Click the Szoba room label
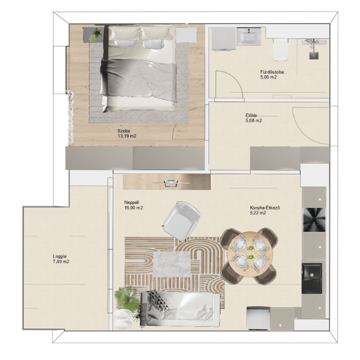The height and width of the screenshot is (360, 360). click(124, 131)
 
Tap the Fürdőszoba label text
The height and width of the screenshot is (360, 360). click(272, 72)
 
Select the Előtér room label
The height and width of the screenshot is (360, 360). click(251, 115)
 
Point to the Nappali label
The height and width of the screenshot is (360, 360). click(132, 203)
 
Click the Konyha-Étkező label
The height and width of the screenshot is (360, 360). click(265, 208)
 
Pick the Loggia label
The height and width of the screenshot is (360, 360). click(59, 256)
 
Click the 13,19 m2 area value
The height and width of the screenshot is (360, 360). click(127, 136)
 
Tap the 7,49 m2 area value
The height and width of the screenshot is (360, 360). click(61, 262)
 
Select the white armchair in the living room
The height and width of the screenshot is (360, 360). click(182, 220)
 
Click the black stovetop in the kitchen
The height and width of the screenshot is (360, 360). click(314, 220)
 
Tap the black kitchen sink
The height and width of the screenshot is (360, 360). click(312, 278)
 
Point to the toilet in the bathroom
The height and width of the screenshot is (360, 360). click(281, 49)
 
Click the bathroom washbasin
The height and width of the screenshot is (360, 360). click(249, 37)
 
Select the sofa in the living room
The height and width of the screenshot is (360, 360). click(181, 309)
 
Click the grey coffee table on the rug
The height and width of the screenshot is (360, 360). click(172, 264)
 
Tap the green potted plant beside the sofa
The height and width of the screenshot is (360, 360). click(127, 297)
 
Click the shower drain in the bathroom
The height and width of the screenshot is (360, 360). click(314, 55)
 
